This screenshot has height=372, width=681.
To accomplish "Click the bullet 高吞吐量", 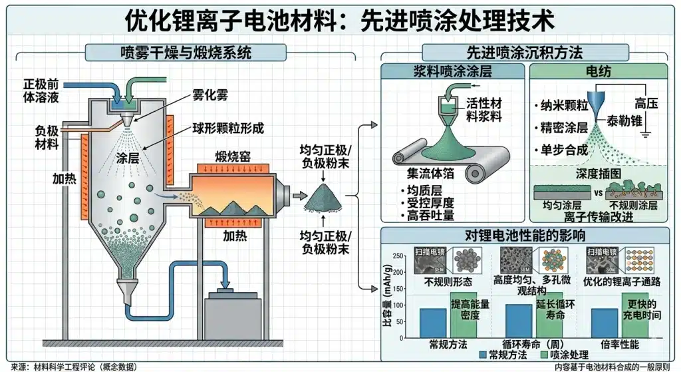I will (436, 215).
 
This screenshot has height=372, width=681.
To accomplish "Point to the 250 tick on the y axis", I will (398, 256).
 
